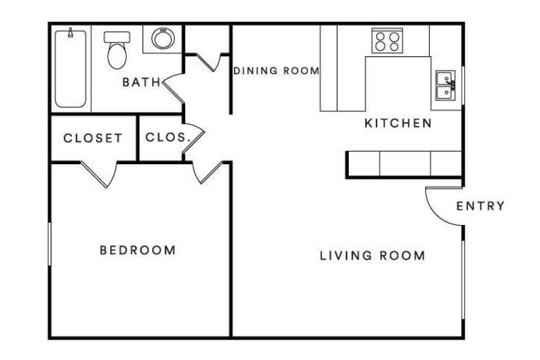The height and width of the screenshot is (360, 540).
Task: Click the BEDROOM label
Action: pos(138,250)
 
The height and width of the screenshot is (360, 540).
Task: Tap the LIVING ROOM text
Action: pos(372,255)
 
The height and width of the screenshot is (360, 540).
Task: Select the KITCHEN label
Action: pos(398,123)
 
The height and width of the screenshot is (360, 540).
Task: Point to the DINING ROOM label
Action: pos(277,71)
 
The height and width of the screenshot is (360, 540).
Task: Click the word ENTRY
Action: pos(480,206)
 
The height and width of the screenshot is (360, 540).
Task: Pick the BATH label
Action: pos(142,82)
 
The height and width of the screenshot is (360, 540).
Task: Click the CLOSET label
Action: pos(93,138)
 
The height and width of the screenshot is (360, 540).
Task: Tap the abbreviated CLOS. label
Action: pos(168,137)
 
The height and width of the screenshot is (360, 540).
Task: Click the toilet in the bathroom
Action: pos(117,50)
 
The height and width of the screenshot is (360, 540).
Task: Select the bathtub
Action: pos(71,68)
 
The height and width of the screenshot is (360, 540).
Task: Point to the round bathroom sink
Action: pos(163,38)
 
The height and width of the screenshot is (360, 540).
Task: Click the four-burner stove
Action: pos(387,40)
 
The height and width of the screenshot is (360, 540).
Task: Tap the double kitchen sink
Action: pos(445,85)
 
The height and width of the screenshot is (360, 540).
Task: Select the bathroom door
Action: pos(173,88)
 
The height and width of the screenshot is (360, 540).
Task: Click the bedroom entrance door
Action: pos(208,172)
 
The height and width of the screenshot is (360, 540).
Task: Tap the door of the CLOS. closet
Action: pos(193,138)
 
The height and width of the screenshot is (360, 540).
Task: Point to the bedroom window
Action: pos(50,244)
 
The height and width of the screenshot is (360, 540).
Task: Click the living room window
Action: pos(463,280)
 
